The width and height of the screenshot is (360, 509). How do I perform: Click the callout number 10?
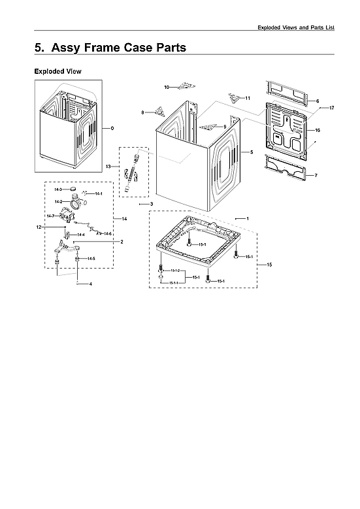point(167,87)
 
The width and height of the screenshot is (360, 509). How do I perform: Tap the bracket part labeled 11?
point(235,97)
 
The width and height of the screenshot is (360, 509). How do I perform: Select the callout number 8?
point(143,113)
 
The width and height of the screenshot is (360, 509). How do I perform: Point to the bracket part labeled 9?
point(209,126)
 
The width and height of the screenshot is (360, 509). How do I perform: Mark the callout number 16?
point(318,131)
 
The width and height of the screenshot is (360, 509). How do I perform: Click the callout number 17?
point(332,107)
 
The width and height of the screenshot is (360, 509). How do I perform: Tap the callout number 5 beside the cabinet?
point(251,152)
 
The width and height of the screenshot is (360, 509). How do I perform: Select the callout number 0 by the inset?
point(112,127)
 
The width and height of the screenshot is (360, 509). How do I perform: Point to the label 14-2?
point(58,202)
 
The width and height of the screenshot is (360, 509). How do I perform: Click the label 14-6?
point(108,233)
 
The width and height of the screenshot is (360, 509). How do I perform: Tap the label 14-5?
point(91,259)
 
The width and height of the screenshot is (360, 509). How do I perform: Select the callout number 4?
point(90,284)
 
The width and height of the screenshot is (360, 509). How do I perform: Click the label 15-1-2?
point(175,271)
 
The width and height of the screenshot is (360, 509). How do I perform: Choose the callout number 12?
point(39,226)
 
